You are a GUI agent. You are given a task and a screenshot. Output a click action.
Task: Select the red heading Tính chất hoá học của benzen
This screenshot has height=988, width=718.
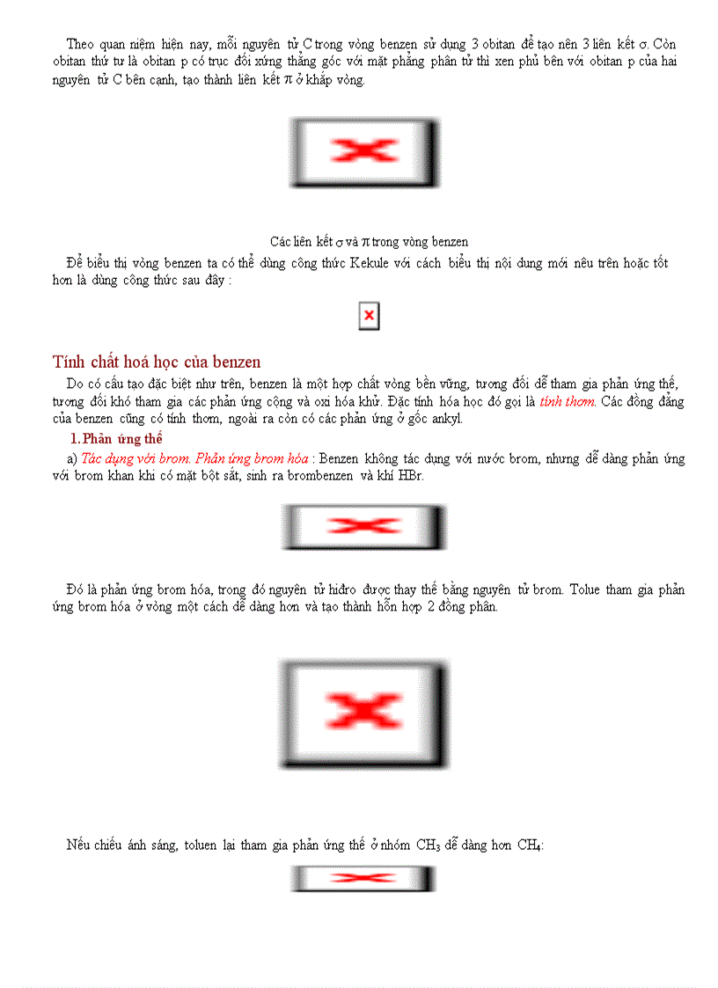157,362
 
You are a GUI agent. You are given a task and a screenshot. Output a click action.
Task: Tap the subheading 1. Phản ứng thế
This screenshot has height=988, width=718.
116,438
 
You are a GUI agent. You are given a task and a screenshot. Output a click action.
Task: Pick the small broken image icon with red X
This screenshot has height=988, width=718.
369,315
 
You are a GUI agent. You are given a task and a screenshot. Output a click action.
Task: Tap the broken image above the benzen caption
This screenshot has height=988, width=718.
363,151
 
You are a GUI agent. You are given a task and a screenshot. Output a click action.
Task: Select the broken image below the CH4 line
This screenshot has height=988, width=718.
363,878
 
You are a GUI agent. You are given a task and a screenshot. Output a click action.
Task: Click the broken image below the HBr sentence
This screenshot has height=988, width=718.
363,526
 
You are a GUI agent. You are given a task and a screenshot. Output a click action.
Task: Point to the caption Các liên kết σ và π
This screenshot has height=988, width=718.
369,241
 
